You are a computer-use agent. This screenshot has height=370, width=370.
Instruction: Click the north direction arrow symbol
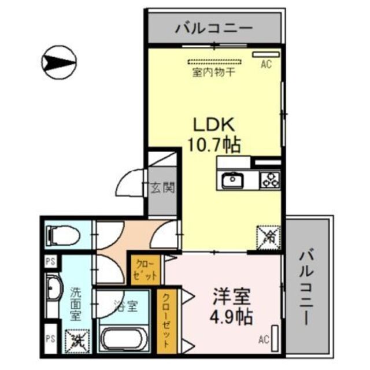point(59,59)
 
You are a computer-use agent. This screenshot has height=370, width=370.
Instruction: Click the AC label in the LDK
point(265,65)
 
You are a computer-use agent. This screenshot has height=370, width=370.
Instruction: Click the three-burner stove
point(269,180)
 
